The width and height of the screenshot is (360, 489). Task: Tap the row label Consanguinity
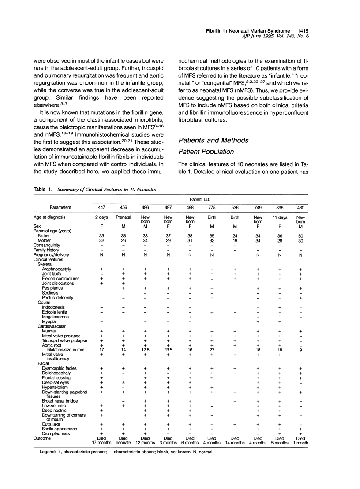[x=49, y=245]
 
